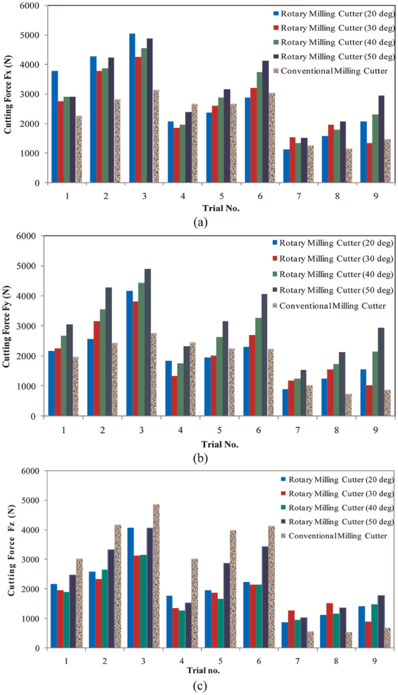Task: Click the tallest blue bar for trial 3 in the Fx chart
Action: tap(132, 108)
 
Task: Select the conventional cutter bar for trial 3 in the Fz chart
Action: tap(156, 576)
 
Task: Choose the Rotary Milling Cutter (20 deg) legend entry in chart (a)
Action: tap(334, 14)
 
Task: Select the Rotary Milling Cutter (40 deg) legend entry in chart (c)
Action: tap(337, 508)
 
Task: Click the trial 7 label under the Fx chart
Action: tap(298, 196)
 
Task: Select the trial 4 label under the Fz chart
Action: tap(182, 661)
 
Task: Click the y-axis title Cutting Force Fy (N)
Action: tap(6, 326)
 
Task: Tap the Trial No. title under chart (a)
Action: tap(221, 208)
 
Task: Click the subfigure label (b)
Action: tap(200, 458)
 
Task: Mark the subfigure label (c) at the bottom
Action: tap(200, 686)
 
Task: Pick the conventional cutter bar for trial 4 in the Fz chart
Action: tap(194, 603)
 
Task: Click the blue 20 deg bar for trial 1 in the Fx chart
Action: tap(54, 127)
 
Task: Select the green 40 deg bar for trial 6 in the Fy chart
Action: tap(259, 367)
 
